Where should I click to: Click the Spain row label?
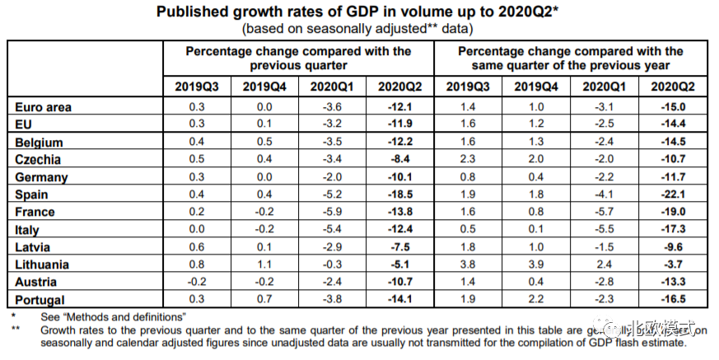click(31, 195)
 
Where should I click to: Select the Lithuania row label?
click(42, 265)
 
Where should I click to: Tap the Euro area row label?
click(44, 107)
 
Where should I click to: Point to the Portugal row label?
click(40, 301)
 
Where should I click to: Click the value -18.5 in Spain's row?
click(399, 195)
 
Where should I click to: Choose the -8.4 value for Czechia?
click(399, 160)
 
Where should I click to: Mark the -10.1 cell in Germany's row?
click(399, 177)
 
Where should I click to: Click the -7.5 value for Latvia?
click(399, 248)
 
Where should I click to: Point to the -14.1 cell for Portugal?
click(399, 301)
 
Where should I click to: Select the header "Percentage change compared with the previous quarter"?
click(298, 58)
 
